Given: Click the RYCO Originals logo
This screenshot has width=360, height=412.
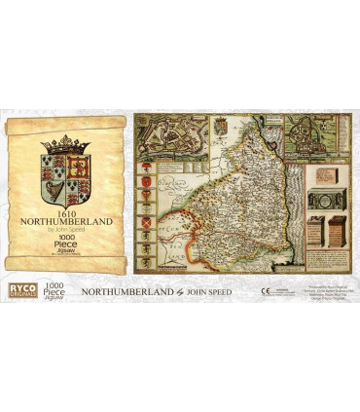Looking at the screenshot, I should click(x=18, y=290).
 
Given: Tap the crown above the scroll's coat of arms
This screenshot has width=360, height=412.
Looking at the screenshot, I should click(x=65, y=143).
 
